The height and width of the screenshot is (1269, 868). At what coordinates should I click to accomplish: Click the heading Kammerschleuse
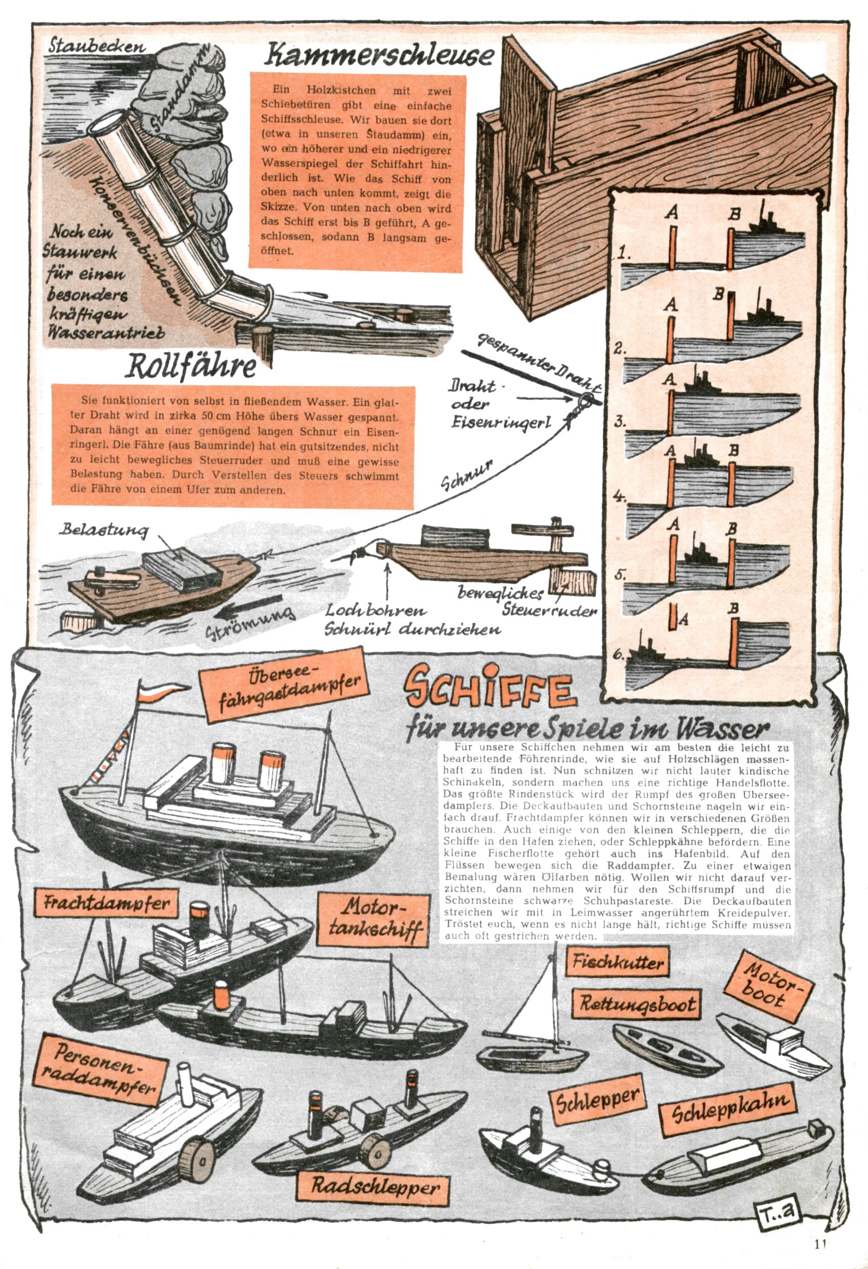(380, 56)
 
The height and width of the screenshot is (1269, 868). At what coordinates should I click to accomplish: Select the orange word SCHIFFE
(489, 689)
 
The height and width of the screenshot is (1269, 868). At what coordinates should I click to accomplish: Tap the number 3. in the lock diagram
(620, 421)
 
